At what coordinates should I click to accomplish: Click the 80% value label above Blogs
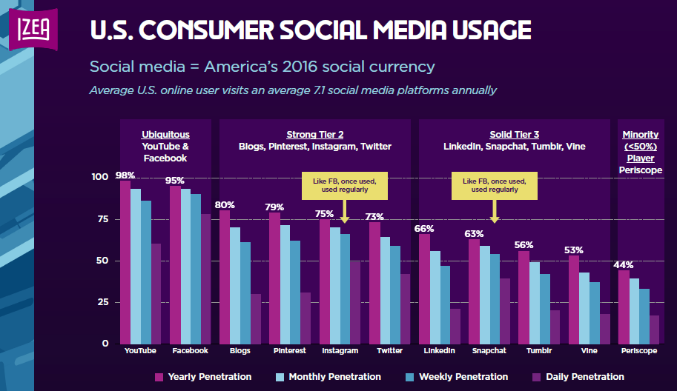click(x=225, y=205)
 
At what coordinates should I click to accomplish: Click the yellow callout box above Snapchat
click(x=495, y=185)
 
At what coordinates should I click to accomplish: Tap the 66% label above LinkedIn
click(x=424, y=229)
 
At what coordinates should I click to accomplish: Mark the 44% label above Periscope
click(x=624, y=265)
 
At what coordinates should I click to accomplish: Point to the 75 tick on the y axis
click(x=100, y=219)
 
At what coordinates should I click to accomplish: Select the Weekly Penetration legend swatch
click(x=410, y=377)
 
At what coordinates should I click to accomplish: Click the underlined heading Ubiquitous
click(x=166, y=135)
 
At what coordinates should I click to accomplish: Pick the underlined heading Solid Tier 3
click(x=514, y=135)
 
